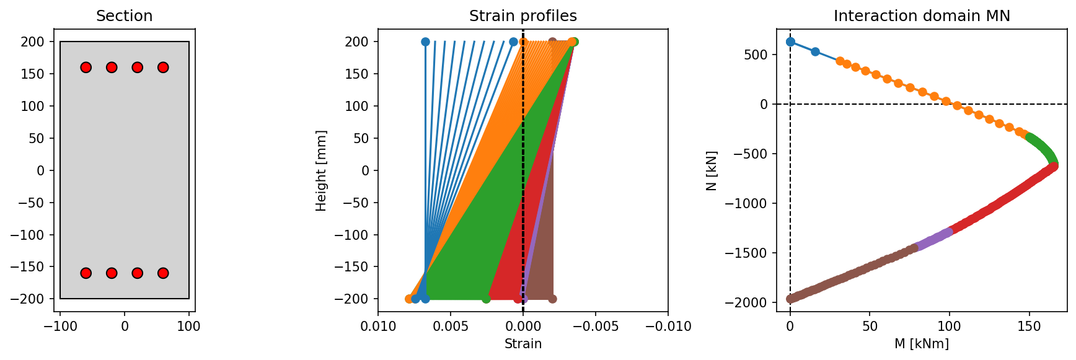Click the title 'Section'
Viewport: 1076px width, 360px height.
point(124,16)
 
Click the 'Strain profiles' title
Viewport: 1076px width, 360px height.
point(523,16)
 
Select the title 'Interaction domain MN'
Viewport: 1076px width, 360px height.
point(922,16)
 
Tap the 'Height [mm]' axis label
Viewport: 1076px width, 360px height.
point(321,170)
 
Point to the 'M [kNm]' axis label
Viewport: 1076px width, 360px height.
point(922,344)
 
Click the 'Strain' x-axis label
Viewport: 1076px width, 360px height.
point(523,344)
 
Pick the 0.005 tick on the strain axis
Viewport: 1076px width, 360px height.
point(451,326)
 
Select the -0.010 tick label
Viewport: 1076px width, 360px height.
point(667,326)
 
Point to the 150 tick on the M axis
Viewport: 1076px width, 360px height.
point(1030,326)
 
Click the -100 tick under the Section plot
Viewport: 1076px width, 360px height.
point(60,326)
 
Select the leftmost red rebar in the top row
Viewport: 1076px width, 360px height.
point(86,68)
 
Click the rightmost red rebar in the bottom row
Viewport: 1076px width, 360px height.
point(163,273)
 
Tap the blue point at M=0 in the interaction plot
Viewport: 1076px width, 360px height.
point(790,42)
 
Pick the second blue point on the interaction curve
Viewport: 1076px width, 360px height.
point(815,52)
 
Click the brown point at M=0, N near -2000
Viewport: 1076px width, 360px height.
point(790,299)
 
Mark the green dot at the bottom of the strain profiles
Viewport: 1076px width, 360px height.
point(486,299)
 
